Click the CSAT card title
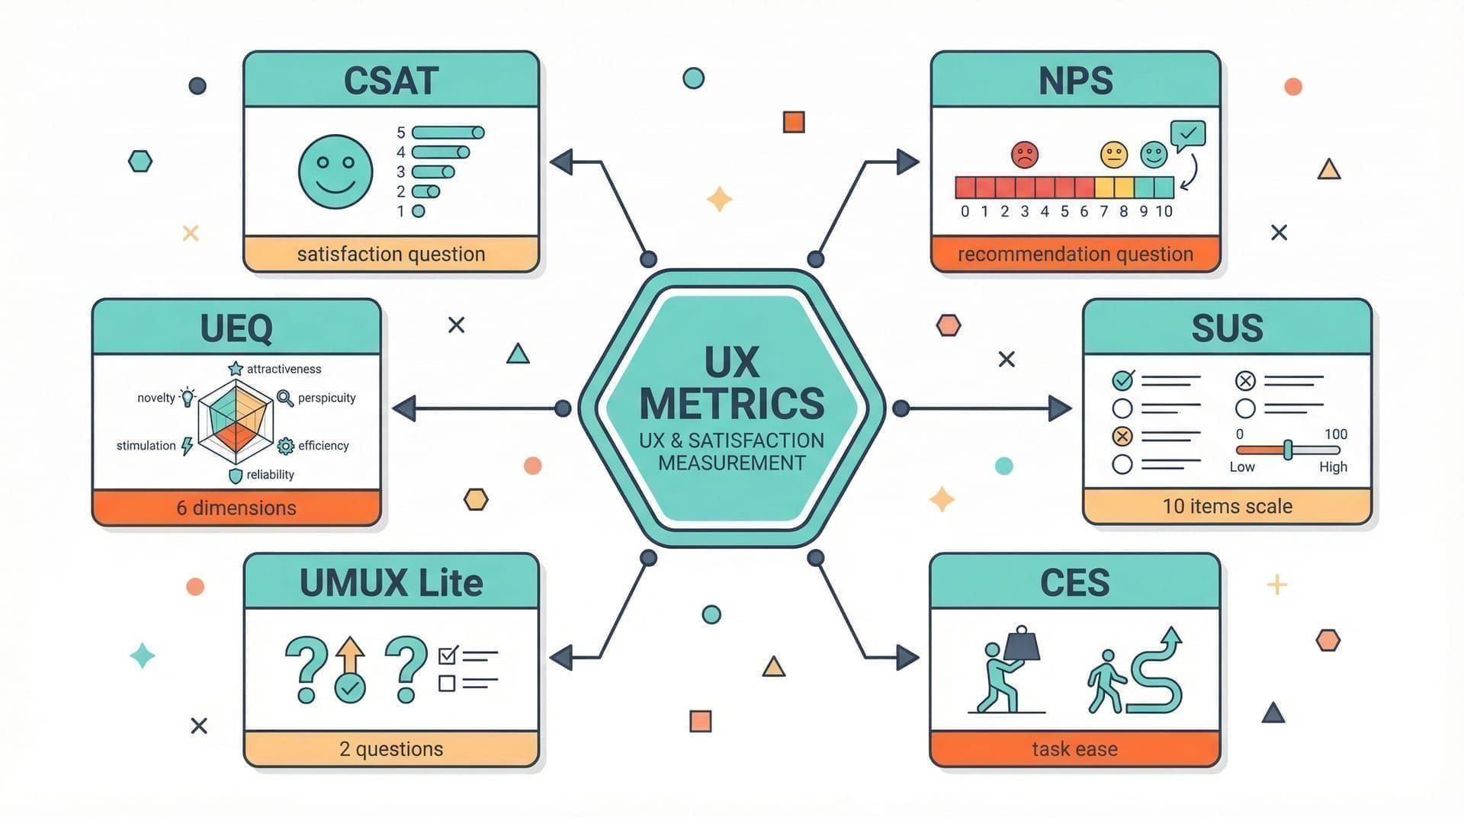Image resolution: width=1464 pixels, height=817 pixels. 390,81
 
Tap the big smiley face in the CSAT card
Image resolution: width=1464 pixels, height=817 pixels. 335,171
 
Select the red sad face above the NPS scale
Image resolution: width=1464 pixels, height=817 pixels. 1025,155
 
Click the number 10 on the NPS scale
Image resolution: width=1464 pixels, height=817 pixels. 1164,211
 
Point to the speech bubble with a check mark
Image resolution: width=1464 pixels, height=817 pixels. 1188,134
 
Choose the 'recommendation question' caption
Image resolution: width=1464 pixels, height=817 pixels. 1075,254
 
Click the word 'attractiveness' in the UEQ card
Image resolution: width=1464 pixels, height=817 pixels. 284,369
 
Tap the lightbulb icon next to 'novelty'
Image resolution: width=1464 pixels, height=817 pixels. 188,396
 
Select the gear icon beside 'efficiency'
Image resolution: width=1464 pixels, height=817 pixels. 286,446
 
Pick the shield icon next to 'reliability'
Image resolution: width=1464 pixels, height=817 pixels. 236,476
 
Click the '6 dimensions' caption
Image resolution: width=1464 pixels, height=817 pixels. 236,508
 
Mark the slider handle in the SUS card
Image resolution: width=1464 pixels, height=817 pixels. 1288,450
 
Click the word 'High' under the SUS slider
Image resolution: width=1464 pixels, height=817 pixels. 1333,466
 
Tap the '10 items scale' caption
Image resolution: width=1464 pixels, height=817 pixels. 1227,506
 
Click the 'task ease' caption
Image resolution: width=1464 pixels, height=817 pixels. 1074,749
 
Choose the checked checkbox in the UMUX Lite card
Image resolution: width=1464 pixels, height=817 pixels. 448,655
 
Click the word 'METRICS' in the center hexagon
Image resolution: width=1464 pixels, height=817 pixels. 732,403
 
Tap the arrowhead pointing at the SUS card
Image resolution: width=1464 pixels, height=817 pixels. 1059,408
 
